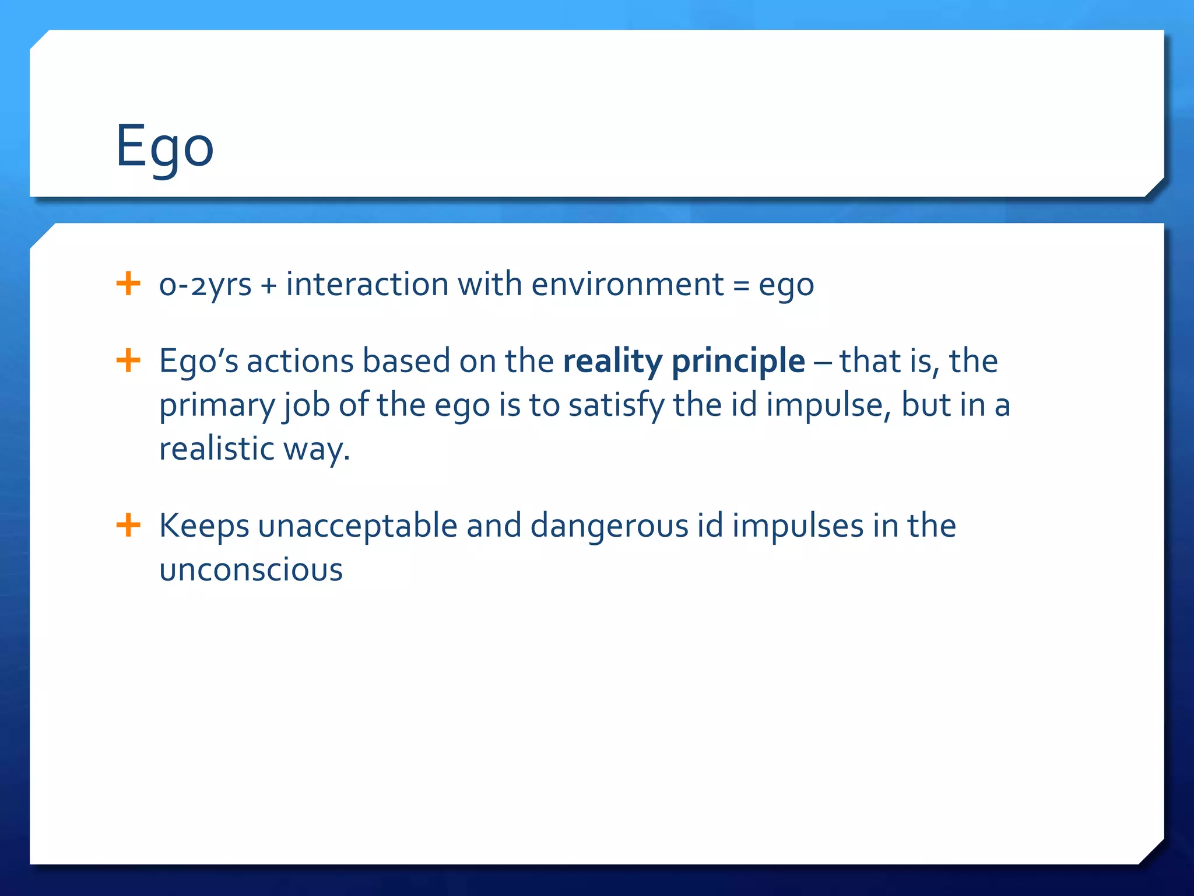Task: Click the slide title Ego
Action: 165,147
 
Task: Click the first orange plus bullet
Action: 128,284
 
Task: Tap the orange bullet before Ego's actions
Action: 128,360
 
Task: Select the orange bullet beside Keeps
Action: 128,525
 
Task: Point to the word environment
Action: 627,285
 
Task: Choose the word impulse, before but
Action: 828,405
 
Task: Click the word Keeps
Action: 204,526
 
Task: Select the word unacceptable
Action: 357,525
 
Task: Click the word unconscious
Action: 251,570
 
